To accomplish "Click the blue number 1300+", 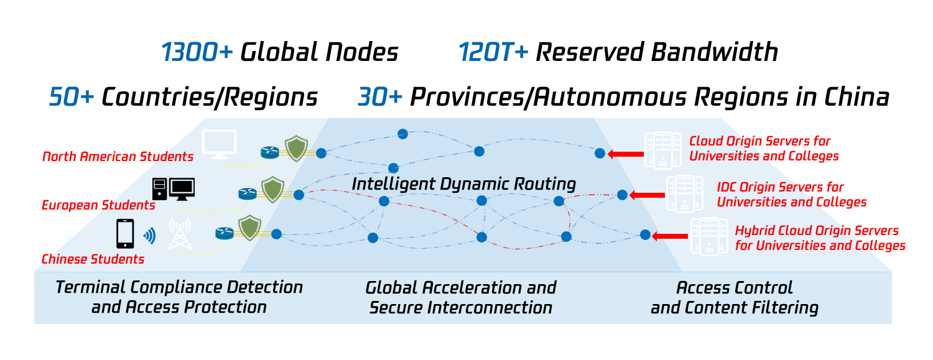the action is (197, 52).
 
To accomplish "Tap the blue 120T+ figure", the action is (494, 52).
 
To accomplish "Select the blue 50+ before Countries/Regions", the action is (72, 97).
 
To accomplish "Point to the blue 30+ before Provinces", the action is (380, 97).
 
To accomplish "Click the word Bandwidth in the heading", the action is (715, 52).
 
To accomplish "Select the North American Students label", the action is (118, 157).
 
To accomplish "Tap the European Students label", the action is (98, 205).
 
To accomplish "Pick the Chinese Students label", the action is (93, 259).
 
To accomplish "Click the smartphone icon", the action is (125, 234).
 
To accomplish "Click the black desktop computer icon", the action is (174, 190).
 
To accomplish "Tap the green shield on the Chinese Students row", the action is (250, 228).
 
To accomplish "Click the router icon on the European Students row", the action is (248, 193).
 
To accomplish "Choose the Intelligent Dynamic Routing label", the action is (463, 184).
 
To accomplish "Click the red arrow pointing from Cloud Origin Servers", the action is (626, 154).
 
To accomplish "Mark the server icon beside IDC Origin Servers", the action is (685, 194).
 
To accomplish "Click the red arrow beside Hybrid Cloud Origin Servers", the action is (670, 236).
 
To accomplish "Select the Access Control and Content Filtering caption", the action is (735, 298).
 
